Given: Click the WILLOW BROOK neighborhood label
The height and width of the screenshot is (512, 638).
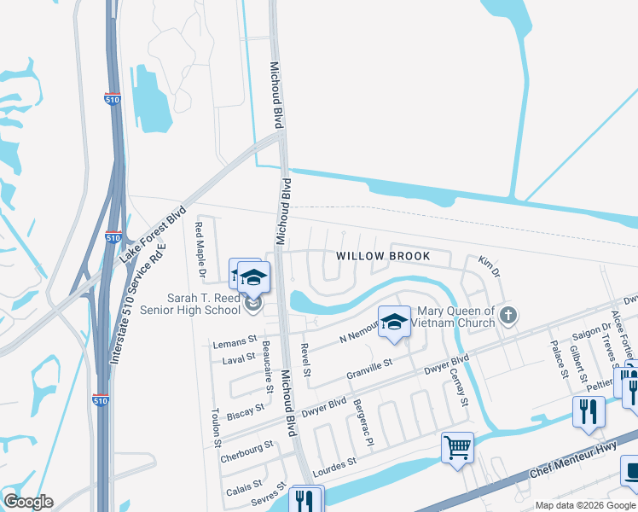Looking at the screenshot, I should tap(382, 256).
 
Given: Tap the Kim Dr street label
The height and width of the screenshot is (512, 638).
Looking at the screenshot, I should tap(488, 265).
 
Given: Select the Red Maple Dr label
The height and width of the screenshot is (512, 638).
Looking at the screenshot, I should tap(200, 250).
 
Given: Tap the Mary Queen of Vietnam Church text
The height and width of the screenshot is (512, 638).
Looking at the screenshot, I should tap(454, 317).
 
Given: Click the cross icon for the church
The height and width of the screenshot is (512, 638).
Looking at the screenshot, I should tap(508, 316).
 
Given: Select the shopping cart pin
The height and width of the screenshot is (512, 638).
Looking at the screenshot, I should tap(458, 447).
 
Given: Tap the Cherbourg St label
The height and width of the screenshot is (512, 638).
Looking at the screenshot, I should tap(246, 445).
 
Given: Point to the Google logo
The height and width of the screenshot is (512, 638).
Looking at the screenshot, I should tap(28, 502).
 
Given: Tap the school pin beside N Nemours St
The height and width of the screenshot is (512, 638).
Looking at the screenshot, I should tap(394, 322).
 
